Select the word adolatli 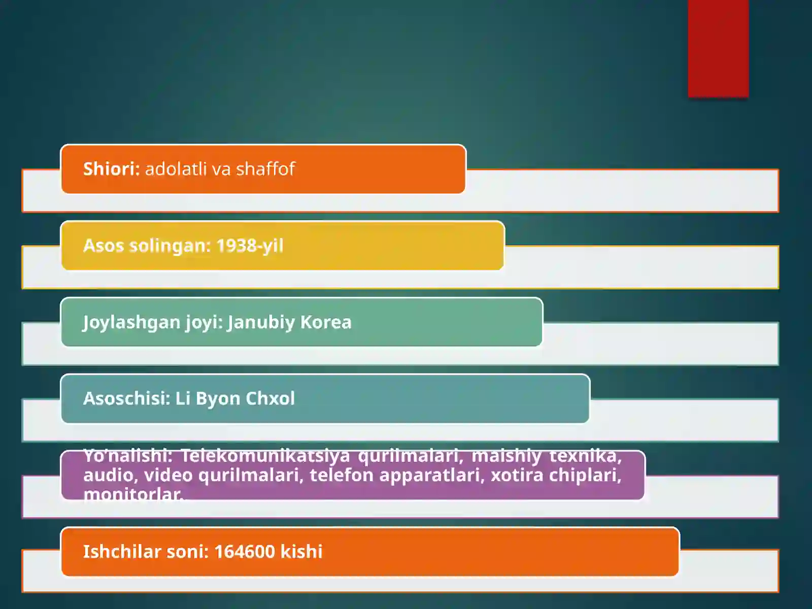[x=176, y=168]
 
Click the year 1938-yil [x=250, y=246]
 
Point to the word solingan [x=170, y=246]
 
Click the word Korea [x=326, y=322]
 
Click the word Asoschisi [x=126, y=398]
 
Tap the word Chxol [x=270, y=398]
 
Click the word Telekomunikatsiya [x=265, y=456]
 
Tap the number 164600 [x=245, y=552]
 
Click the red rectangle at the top [x=718, y=48]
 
